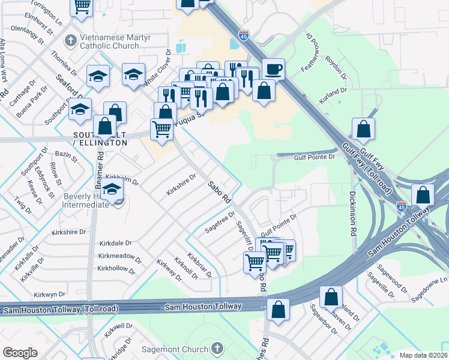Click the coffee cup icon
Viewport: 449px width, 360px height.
point(273,68)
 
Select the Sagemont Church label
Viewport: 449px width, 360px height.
point(174,348)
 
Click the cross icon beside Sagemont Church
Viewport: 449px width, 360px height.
point(217,348)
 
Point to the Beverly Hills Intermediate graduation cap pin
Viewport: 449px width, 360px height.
point(112,190)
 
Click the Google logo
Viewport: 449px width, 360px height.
point(20,352)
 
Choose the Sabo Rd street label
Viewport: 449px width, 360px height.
point(220,191)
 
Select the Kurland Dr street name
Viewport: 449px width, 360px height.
point(333,95)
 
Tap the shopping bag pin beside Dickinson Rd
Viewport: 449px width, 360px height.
point(363,129)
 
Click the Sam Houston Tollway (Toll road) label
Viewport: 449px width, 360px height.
point(61,309)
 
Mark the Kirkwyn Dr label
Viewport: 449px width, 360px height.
point(49,295)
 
